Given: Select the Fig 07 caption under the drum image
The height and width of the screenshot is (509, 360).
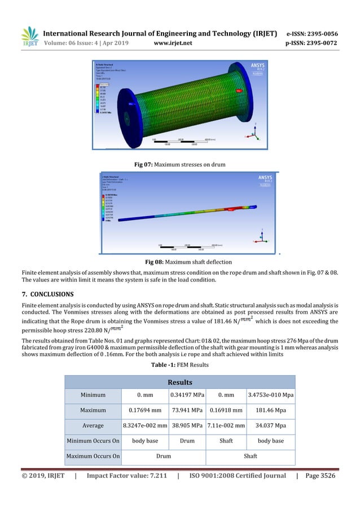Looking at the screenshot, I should click(x=179, y=164).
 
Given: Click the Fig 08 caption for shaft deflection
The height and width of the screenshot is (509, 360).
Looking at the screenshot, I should click(x=179, y=261).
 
